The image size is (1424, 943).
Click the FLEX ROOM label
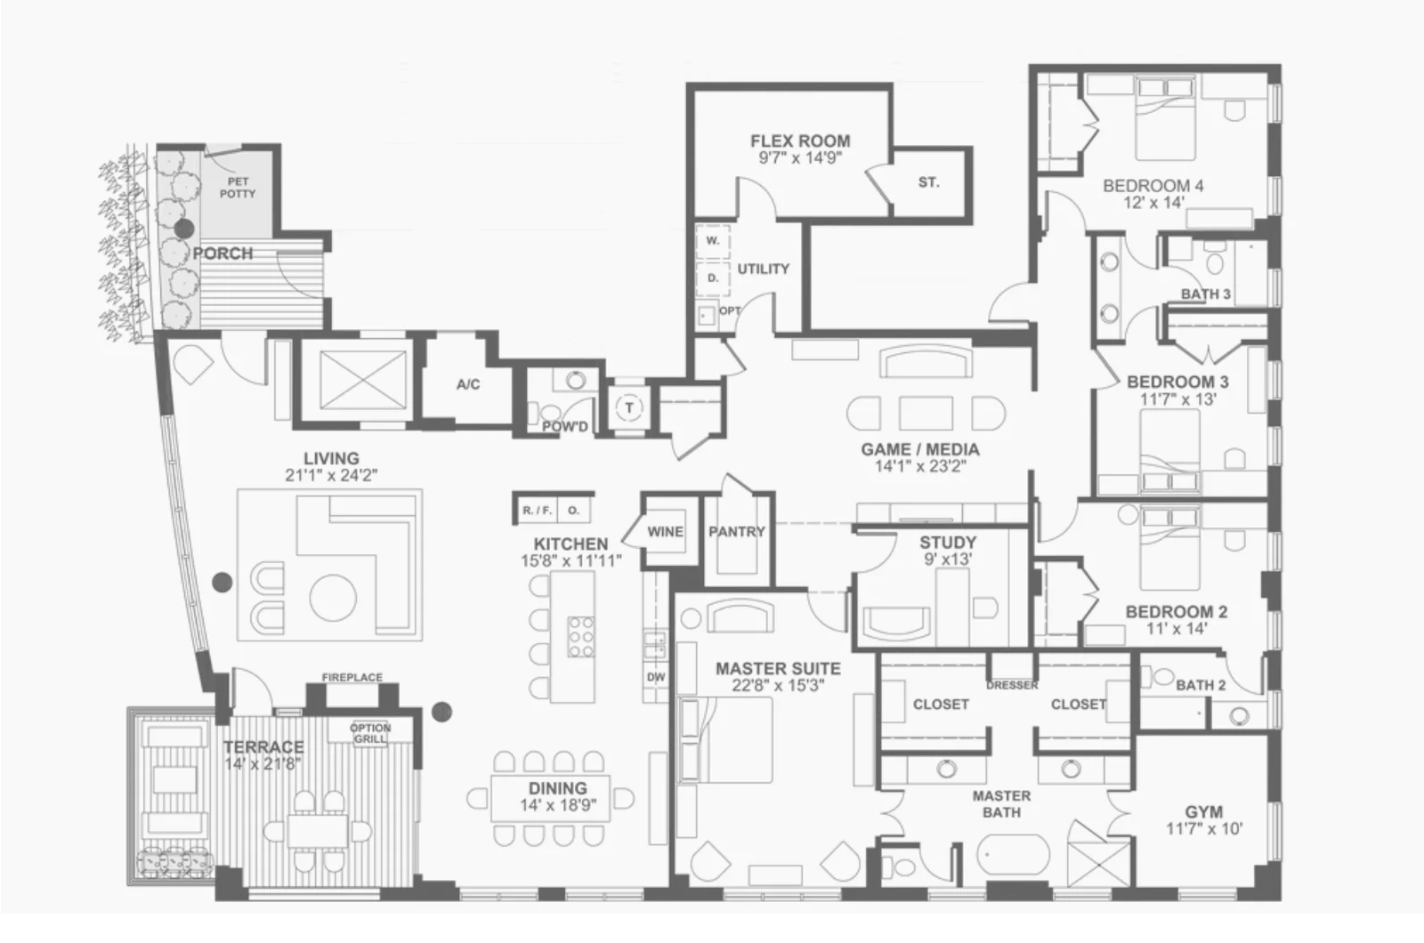[x=800, y=141]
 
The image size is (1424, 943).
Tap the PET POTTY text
[x=238, y=188]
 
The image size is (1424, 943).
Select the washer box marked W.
[x=713, y=241]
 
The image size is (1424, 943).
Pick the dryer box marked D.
[x=713, y=278]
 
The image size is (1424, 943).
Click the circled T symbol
[x=629, y=408]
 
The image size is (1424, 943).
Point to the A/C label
[x=468, y=384]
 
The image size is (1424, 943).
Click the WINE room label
[x=666, y=532]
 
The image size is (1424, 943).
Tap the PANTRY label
[x=738, y=532]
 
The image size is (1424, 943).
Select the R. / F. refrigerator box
[x=538, y=510]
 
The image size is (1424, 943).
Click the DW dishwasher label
[x=655, y=677]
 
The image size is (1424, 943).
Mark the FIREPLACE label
[x=352, y=678]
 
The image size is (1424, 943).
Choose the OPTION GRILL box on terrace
[x=370, y=732]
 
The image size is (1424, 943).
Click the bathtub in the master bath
[x=1014, y=855]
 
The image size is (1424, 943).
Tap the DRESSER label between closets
[x=1012, y=686]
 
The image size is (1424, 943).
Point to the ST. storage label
[x=929, y=183]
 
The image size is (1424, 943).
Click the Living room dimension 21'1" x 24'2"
[x=331, y=475]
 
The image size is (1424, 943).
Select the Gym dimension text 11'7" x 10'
[x=1204, y=828]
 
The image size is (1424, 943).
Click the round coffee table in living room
[x=333, y=598]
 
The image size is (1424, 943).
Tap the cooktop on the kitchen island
[x=581, y=636]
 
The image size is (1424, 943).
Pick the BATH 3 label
[x=1206, y=294]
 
